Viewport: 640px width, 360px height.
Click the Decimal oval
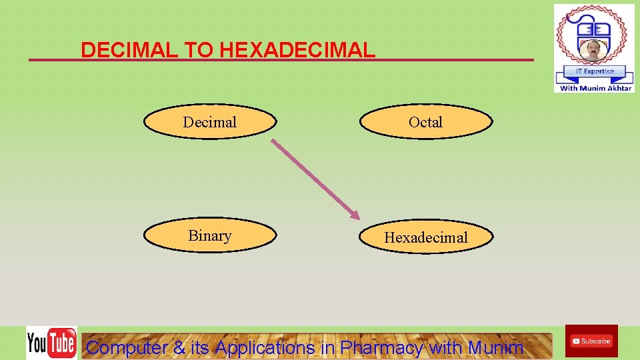210,122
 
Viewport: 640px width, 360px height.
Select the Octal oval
426,122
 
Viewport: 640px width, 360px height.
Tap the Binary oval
210,236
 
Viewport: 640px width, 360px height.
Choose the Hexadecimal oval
426,237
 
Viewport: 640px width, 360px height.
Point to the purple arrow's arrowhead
355,215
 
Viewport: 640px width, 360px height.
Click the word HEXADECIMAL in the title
297,50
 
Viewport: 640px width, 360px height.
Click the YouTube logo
51,343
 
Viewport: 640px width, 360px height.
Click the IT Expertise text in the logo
594,71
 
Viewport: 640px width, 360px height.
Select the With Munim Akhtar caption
595,88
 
